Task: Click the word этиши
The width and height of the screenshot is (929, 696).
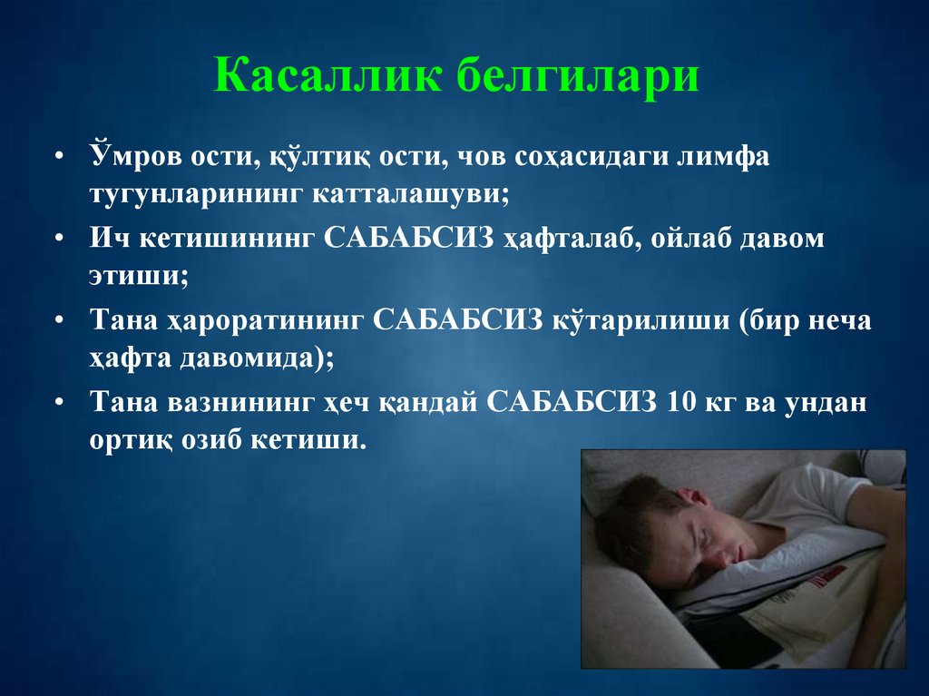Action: pyautogui.click(x=137, y=277)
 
